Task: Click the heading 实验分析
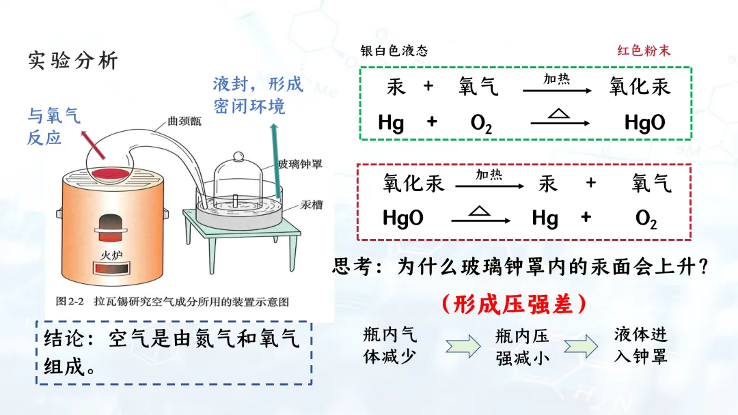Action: tap(73, 61)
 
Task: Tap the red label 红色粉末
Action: tap(644, 51)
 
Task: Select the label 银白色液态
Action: tap(394, 51)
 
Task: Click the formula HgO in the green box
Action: tap(644, 123)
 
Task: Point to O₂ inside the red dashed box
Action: tap(646, 218)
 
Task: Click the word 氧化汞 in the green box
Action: tap(640, 87)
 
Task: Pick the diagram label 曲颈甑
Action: tap(183, 124)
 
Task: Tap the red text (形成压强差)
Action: tap(513, 304)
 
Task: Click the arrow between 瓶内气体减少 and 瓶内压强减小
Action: tap(463, 346)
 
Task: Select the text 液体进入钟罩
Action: tap(640, 345)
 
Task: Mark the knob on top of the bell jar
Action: tap(238, 156)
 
